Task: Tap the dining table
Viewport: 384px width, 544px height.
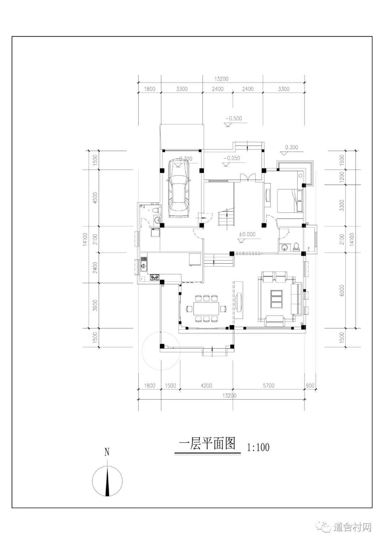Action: coord(206,308)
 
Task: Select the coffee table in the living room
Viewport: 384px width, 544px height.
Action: coord(277,299)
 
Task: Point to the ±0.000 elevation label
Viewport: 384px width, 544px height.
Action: coord(247,234)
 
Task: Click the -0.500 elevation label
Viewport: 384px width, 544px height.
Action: coord(234,118)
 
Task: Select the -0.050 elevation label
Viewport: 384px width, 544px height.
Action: coord(231,158)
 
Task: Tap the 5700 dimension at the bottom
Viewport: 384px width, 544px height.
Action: coord(268,386)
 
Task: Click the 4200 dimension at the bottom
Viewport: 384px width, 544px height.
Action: coord(206,386)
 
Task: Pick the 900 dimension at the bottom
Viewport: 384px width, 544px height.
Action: coord(310,386)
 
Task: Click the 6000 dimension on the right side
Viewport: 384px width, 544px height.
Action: coord(342,290)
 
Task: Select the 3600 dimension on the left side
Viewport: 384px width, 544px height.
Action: coord(95,306)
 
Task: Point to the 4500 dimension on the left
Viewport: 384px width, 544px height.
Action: coord(95,198)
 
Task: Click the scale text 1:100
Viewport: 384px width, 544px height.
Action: coord(258,447)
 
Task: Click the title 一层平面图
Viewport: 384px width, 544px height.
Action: coord(207,443)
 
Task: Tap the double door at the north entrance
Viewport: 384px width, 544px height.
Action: coord(247,177)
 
